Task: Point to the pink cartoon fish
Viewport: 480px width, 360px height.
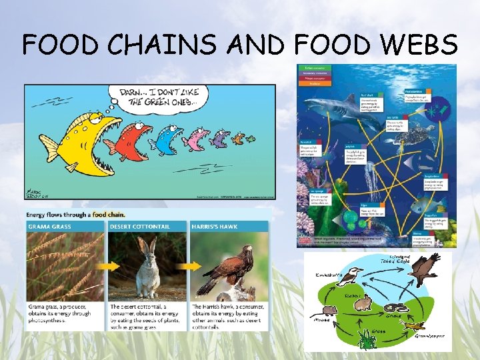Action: pos(195,139)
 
